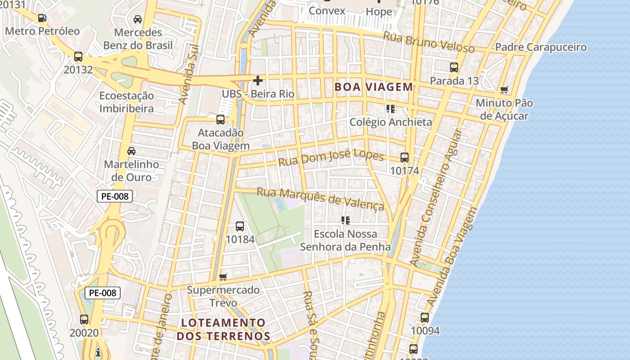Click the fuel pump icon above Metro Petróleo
point(42,18)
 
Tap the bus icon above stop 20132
point(78,57)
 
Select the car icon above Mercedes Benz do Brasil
point(138,19)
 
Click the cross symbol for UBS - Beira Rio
point(258,81)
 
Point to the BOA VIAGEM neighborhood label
point(373,87)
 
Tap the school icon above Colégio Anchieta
point(390,109)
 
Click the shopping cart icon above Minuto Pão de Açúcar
point(504,90)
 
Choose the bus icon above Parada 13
point(454,67)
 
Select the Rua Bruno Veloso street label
point(428,42)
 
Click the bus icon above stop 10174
point(405,157)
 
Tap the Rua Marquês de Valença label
point(320,198)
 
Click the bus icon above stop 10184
point(240,226)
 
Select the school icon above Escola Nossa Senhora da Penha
point(345,220)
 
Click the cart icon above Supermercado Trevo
point(223,277)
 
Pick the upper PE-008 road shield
point(115,196)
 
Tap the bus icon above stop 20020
point(84,319)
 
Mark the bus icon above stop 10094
point(425,318)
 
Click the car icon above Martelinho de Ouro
point(131,151)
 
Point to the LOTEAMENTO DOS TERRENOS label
point(223,329)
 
